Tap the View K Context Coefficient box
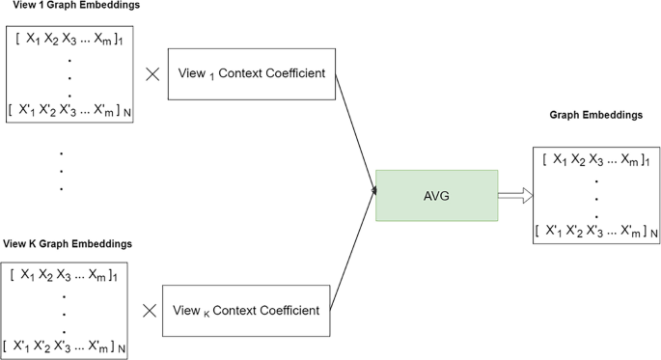(x=240, y=311)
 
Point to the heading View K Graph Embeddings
(x=68, y=242)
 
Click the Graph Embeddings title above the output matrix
(x=595, y=115)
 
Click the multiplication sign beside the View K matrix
(x=149, y=311)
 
